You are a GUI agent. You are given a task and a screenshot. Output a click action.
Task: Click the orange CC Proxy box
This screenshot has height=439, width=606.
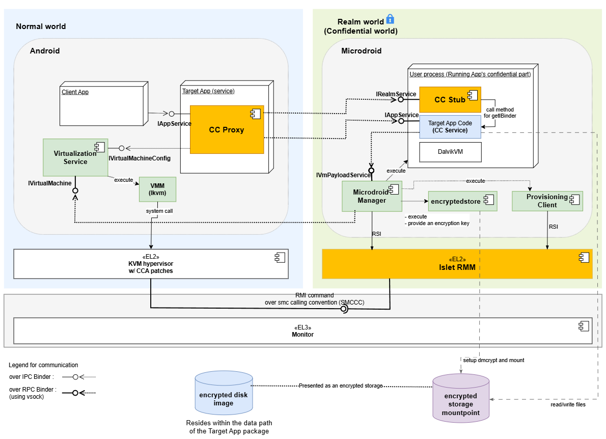(227, 129)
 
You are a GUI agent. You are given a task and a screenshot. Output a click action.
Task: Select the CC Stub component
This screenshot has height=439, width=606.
(450, 100)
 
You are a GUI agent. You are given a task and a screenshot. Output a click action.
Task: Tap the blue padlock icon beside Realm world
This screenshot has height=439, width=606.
(390, 19)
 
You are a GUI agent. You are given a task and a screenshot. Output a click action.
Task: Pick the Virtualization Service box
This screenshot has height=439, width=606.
(75, 157)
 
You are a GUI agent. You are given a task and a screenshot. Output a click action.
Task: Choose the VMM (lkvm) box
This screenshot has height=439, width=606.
(157, 189)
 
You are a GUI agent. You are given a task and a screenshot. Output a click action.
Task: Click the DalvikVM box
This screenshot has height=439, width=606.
(450, 152)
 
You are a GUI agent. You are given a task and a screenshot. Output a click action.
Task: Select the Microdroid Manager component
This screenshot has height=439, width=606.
(372, 196)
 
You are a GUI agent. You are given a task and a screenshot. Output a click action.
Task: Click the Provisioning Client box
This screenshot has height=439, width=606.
(547, 201)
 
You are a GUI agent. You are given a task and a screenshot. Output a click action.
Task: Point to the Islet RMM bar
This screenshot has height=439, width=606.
(457, 264)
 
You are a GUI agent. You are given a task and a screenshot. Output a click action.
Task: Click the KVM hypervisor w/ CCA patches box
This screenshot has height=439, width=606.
(151, 264)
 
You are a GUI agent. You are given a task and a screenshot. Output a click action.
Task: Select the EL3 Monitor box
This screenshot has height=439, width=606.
(302, 331)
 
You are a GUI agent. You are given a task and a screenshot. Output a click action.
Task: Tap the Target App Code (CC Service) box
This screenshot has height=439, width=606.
(450, 126)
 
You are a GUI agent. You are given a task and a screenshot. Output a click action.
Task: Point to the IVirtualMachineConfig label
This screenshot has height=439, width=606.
(140, 158)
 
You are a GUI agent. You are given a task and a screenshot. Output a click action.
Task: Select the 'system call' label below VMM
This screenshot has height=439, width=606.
(159, 211)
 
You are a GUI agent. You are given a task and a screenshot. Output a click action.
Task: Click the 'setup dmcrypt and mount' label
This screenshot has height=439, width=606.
(493, 360)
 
